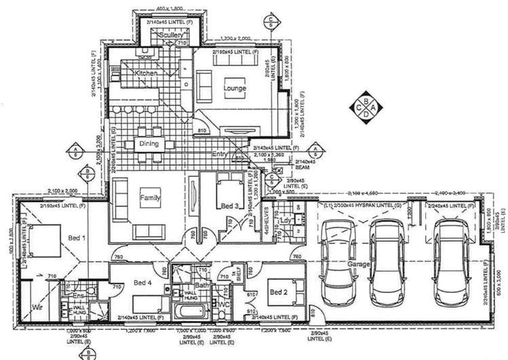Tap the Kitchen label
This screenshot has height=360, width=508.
[146, 73]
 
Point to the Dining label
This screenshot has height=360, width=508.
[149, 144]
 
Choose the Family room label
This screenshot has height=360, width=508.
[151, 198]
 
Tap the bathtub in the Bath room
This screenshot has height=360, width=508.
[189, 313]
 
